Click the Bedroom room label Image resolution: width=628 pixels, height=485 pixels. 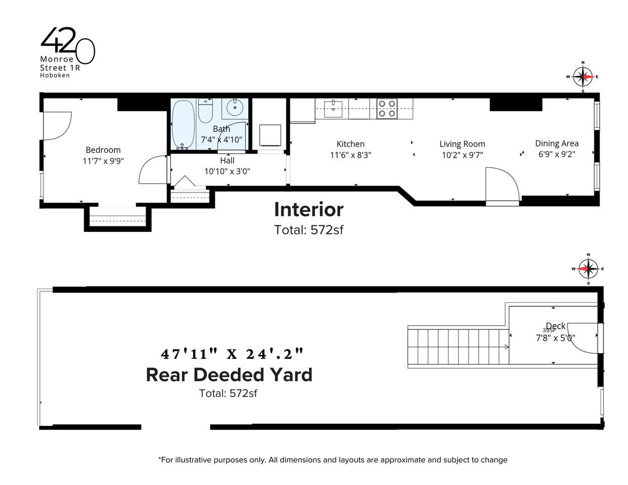tap(103, 150)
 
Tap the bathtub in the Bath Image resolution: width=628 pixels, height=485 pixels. tap(183, 125)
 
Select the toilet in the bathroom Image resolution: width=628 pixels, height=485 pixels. tap(205, 111)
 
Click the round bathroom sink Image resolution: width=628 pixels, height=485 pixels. tap(235, 108)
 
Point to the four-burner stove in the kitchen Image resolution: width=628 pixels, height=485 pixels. tap(387, 109)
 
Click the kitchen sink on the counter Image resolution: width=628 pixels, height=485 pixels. tap(333, 109)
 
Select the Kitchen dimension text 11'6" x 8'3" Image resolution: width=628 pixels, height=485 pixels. tap(350, 155)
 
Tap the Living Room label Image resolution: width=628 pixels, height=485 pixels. tap(462, 144)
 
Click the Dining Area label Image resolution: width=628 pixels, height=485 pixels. tap(557, 143)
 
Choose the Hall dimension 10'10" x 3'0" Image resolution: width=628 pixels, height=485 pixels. tap(227, 171)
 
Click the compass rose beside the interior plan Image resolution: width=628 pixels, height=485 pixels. tap(582, 77)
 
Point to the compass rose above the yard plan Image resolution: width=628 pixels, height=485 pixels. tap(589, 269)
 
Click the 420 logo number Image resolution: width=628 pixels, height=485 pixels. tap(68, 45)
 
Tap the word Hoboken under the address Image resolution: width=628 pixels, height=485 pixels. tap(55, 75)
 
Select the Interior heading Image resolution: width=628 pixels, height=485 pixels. tap(308, 209)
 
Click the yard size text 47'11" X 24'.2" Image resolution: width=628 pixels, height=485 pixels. tap(232, 354)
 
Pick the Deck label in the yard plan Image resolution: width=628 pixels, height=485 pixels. tap(556, 326)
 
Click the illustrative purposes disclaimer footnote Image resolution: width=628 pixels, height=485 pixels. tap(333, 460)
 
